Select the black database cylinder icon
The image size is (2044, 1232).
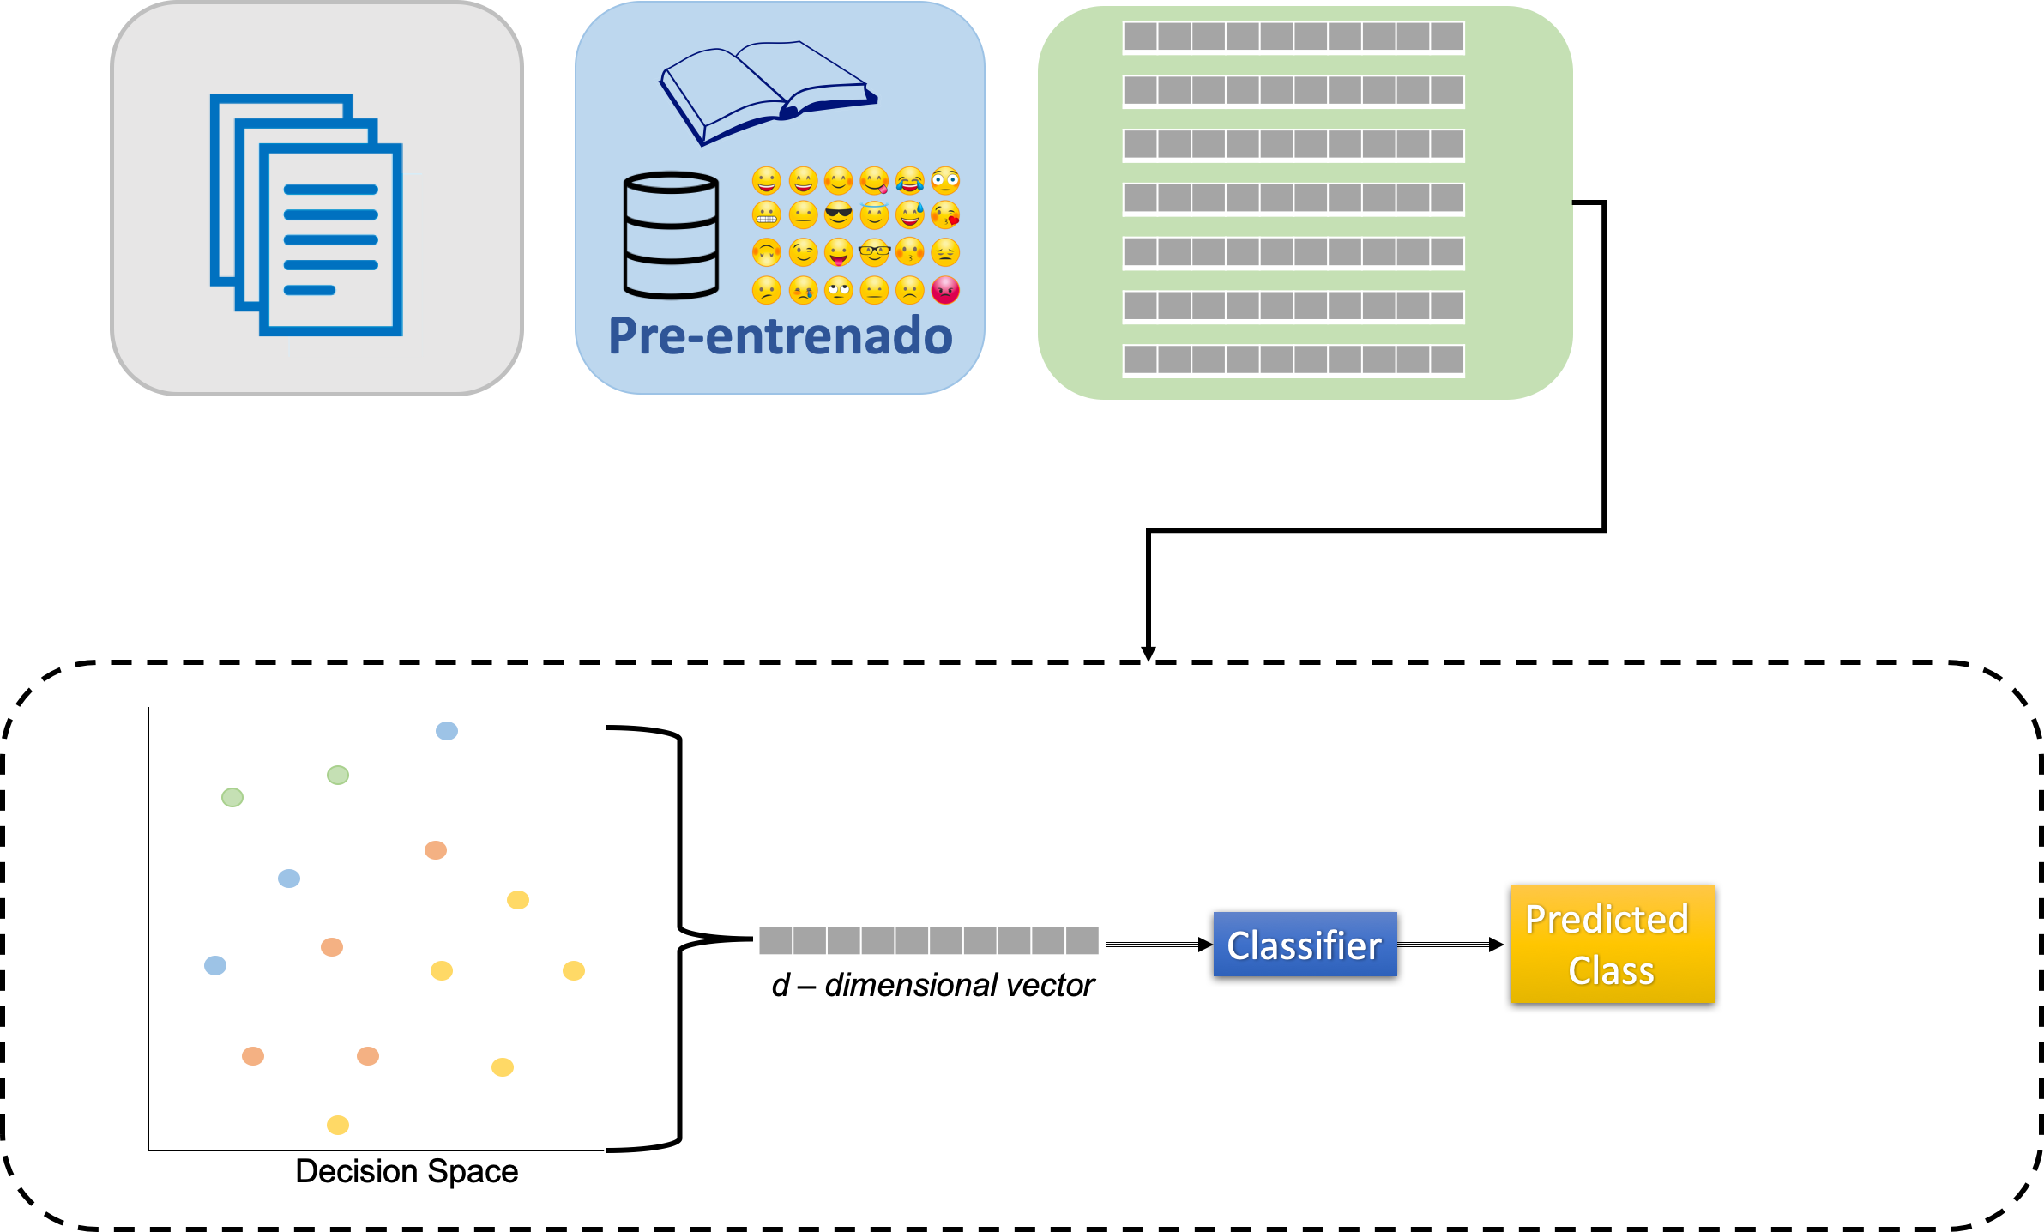[671, 235]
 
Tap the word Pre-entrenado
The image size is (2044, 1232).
[780, 335]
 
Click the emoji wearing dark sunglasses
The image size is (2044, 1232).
[838, 214]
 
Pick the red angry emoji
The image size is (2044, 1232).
[945, 290]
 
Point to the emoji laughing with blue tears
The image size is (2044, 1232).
[909, 180]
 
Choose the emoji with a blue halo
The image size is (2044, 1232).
[874, 214]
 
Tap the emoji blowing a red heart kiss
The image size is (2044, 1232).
[945, 214]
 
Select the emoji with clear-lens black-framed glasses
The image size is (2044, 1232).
[874, 252]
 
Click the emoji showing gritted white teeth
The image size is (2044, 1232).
[766, 214]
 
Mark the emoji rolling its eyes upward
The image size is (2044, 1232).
[838, 290]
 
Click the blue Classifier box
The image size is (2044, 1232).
[1305, 944]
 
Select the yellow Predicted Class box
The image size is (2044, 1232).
[1612, 944]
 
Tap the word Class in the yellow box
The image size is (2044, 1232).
[1611, 971]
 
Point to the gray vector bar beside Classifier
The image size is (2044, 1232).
[928, 941]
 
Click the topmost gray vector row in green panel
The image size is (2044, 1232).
[1293, 37]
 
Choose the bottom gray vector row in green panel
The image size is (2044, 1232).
[1293, 359]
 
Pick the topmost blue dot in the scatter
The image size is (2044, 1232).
[447, 731]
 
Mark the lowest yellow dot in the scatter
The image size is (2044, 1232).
[338, 1125]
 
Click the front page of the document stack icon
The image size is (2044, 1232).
[331, 240]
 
